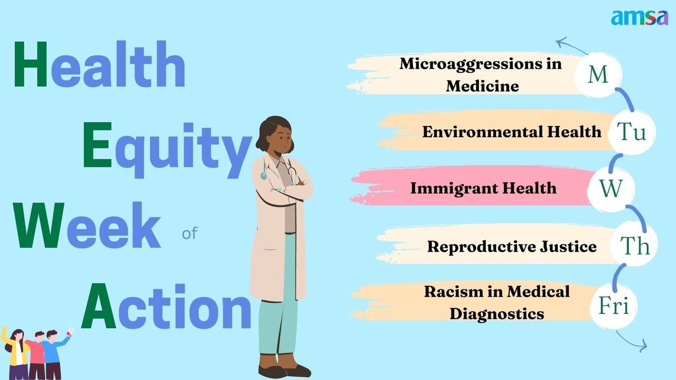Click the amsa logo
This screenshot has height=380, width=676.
639,18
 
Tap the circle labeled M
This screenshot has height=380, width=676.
598,75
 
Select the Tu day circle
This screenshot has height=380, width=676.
631,132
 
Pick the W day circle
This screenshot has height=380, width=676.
611,189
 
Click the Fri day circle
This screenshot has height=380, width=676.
613,305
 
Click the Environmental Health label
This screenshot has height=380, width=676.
512,132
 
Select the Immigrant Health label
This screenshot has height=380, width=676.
483,189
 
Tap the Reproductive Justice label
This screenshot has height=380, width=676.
512,247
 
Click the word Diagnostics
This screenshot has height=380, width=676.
497,314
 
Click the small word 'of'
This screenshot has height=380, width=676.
189,234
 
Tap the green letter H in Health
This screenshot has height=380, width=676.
30,64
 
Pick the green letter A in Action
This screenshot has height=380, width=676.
99,306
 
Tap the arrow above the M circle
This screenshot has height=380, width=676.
572,45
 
